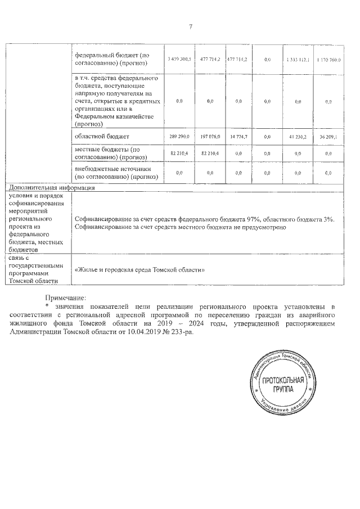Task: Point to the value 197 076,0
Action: tap(211, 137)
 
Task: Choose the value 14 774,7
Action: tap(238, 137)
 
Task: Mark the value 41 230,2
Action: tap(298, 137)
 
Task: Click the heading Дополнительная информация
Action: tap(50, 188)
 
